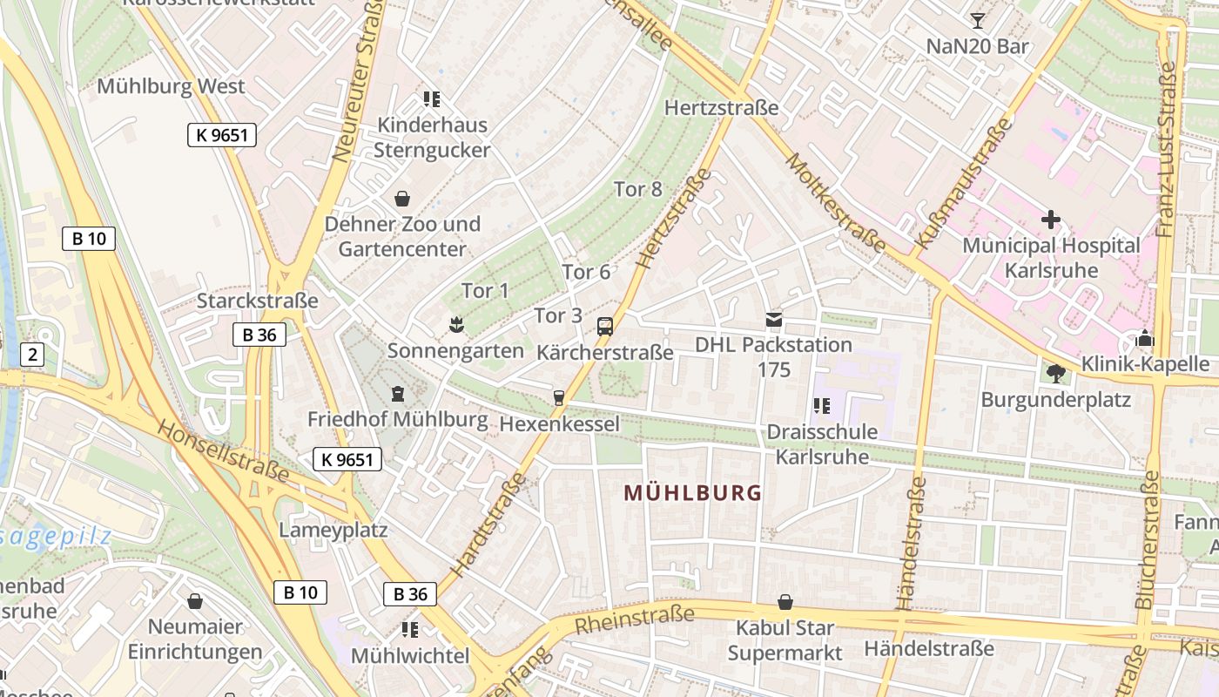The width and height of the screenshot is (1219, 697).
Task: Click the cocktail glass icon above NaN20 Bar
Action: coord(978,20)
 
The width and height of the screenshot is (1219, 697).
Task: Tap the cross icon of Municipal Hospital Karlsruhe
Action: coord(1051,220)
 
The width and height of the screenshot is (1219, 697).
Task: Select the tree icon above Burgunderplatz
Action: coord(1055,374)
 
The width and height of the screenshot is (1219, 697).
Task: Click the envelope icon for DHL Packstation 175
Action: coord(774,319)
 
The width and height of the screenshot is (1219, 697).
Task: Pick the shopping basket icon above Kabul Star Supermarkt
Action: coord(785,602)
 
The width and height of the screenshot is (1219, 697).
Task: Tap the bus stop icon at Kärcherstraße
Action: coord(605,327)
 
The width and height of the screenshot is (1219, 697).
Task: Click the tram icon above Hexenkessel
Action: coord(559,398)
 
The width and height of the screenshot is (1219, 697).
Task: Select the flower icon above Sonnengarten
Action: coord(455,326)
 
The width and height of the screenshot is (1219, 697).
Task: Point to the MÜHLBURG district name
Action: coord(693,493)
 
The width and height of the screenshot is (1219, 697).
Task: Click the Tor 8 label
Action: coord(638,189)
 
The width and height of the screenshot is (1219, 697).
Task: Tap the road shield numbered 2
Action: coord(32,355)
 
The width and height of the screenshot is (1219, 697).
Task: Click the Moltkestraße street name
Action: coord(835,203)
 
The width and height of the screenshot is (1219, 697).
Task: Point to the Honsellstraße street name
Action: coord(224,450)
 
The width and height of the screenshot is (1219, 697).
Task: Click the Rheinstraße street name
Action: coord(634,619)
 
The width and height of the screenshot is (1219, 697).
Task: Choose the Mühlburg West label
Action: coord(171,86)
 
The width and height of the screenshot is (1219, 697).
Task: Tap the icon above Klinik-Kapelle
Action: coord(1145,338)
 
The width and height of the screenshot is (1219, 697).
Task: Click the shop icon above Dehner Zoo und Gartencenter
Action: coord(402,199)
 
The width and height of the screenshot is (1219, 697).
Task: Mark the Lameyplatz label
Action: coord(333,530)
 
